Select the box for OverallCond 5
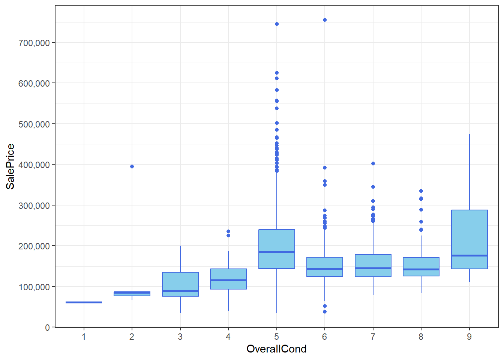277,240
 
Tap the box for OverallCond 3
180,281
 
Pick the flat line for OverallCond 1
84,302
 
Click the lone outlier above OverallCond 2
132,166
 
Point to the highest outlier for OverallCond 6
325,20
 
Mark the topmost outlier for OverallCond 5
277,24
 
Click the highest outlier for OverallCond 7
373,163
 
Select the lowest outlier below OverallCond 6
325,312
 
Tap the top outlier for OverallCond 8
421,191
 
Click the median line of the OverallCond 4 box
228,280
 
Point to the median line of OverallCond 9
469,255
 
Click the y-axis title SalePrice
10,166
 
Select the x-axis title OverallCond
276,349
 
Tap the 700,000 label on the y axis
34,43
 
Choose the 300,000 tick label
34,205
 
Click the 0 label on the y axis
47,327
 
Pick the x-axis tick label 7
373,337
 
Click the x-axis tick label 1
84,337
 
